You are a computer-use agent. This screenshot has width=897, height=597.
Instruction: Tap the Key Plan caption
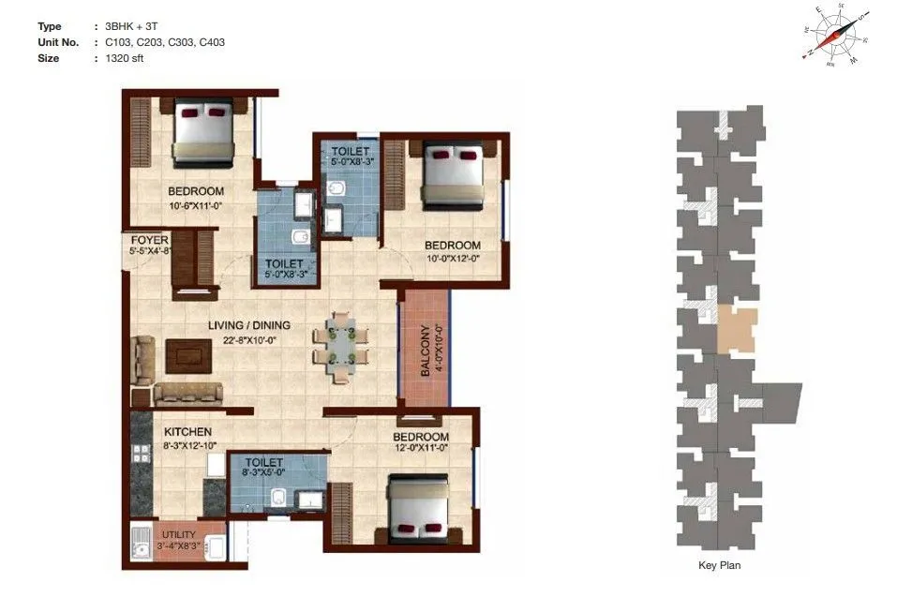tap(720, 565)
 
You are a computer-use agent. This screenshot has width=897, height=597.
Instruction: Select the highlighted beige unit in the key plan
tap(736, 329)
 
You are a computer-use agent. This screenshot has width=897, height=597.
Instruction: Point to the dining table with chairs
tap(335, 344)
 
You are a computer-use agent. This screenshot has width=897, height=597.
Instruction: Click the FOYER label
tap(149, 240)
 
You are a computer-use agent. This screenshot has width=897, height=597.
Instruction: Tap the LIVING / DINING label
tap(249, 325)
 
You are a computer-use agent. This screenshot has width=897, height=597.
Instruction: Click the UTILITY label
tap(179, 534)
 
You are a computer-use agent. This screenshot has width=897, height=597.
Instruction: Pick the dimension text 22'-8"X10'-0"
tap(249, 340)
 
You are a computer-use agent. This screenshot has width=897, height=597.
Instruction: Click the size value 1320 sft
tap(125, 58)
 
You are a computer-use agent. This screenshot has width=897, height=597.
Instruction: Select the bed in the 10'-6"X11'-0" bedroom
tap(202, 131)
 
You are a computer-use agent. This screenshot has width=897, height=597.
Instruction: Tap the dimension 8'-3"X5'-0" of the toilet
tap(264, 475)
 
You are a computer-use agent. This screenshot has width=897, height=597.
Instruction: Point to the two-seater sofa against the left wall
tap(142, 359)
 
